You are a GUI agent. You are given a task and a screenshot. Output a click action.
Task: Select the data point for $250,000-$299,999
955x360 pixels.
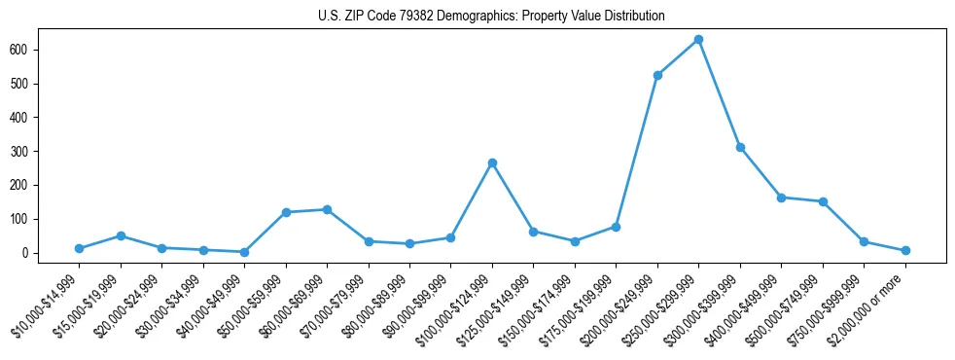pyautogui.click(x=698, y=40)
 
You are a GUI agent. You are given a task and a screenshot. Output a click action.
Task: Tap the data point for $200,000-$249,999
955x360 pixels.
pyautogui.click(x=657, y=75)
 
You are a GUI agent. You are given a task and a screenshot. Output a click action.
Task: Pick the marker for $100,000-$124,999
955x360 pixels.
pyautogui.click(x=492, y=162)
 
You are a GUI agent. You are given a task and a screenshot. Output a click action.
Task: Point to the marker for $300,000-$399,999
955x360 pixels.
pyautogui.click(x=740, y=147)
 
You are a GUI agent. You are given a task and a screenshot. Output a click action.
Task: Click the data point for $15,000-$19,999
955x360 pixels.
pyautogui.click(x=121, y=235)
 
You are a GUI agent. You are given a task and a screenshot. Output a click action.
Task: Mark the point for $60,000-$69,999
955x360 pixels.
pyautogui.click(x=327, y=209)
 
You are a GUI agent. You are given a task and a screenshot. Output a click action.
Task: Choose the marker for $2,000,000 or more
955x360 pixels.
pyautogui.click(x=905, y=251)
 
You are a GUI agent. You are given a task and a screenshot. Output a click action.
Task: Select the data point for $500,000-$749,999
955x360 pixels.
pyautogui.click(x=823, y=201)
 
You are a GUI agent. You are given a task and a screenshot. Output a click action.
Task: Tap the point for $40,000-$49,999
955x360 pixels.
pyautogui.click(x=244, y=252)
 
